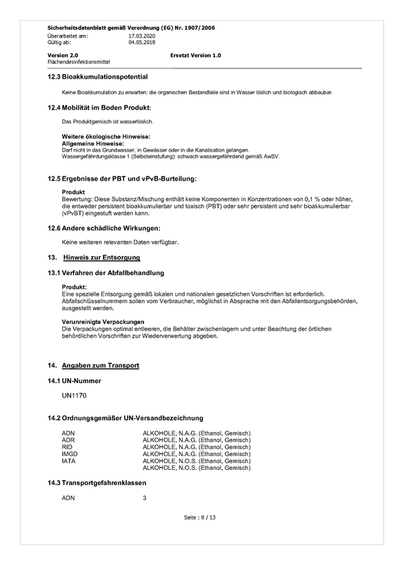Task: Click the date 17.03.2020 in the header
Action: (142, 35)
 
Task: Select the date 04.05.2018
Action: (142, 41)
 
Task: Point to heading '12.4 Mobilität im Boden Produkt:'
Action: (99, 107)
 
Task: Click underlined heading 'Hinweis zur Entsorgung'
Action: (101, 258)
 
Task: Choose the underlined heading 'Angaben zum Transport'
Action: (101, 365)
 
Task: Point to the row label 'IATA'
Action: (69, 461)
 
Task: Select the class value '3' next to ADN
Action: (144, 497)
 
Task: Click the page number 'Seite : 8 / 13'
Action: (200, 517)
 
